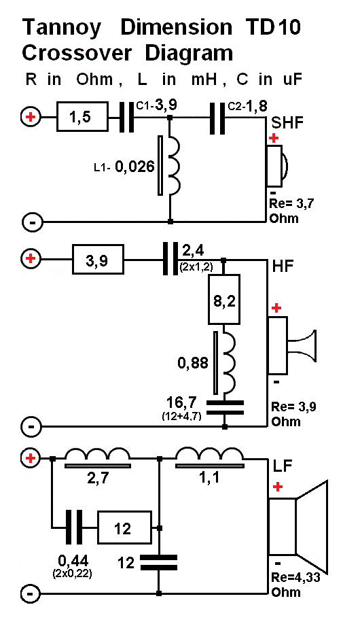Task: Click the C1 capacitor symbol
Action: point(127,117)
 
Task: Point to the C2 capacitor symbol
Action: point(217,118)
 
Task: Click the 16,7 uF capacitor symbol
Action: point(225,407)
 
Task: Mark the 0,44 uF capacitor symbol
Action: point(74,528)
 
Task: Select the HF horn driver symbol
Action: point(292,345)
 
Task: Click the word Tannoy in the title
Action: point(61,28)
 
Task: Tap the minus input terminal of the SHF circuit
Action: point(31,222)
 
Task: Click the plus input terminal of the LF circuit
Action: point(31,459)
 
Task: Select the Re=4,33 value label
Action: point(295,578)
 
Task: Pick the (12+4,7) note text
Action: point(181,417)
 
